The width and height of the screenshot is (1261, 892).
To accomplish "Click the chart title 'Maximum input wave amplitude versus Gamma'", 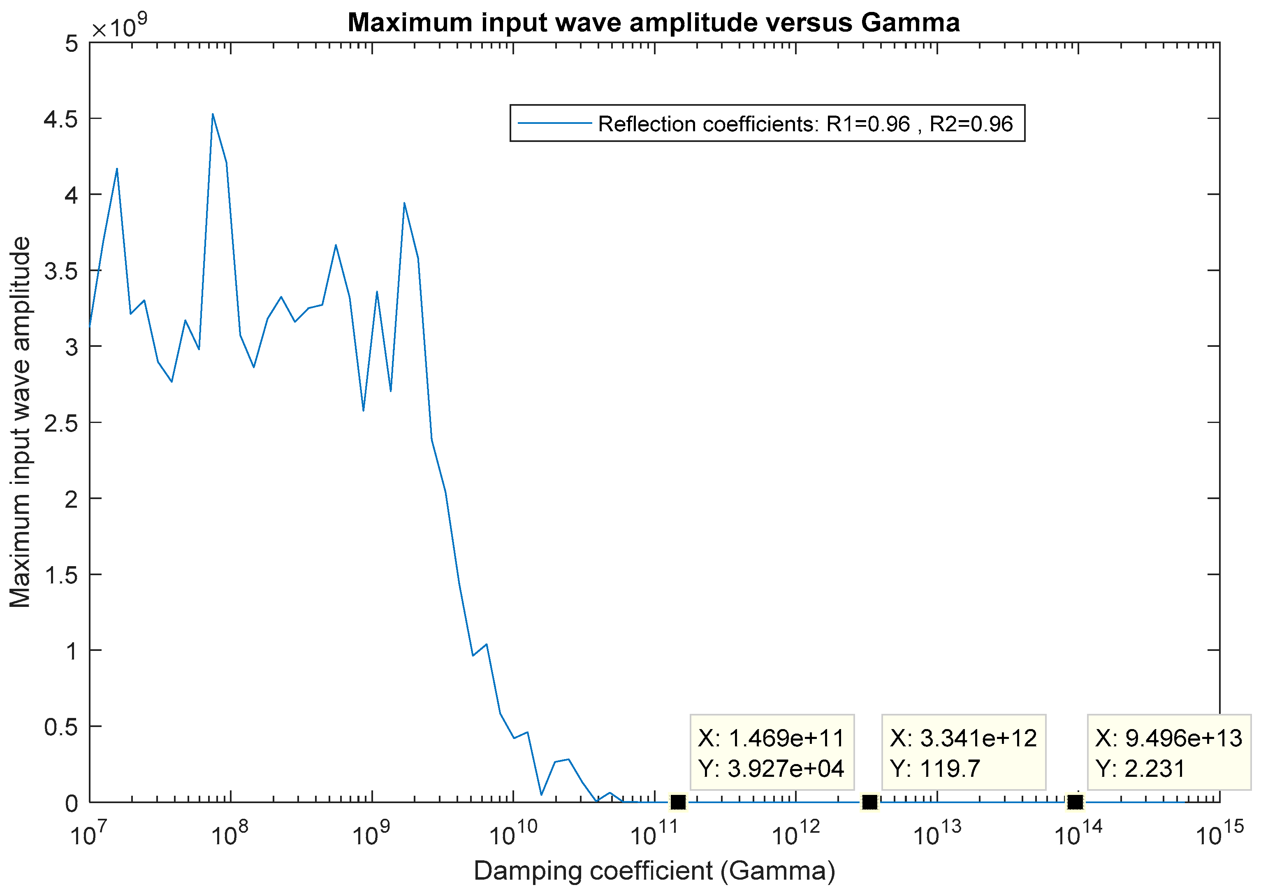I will tap(654, 23).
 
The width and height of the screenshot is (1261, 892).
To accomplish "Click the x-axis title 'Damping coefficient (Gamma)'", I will tap(654, 871).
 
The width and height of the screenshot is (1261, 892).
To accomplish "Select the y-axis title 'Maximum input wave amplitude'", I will tap(21, 422).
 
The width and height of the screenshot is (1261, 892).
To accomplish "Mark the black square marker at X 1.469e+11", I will tap(678, 802).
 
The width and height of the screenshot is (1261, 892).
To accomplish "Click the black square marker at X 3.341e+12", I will tap(869, 802).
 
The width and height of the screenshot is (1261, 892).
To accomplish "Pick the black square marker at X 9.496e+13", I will tap(1075, 802).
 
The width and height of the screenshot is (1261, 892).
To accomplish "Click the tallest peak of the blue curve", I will tap(213, 114).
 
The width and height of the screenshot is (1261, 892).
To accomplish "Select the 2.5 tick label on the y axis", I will tap(61, 423).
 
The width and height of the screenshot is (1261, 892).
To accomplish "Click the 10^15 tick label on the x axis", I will tap(1219, 834).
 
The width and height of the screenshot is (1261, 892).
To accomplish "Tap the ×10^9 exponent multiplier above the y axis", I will tap(119, 26).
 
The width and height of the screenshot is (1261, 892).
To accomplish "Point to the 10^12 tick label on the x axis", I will tap(795, 834).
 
